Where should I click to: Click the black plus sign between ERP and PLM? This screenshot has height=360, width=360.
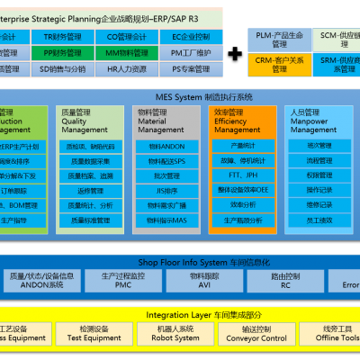pyautogui.click(x=234, y=53)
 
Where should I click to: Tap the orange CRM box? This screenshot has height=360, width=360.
pyautogui.click(x=278, y=63)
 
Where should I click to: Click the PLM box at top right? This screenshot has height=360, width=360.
pyautogui.click(x=278, y=38)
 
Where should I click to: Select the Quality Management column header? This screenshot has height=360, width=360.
pyautogui.click(x=90, y=122)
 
